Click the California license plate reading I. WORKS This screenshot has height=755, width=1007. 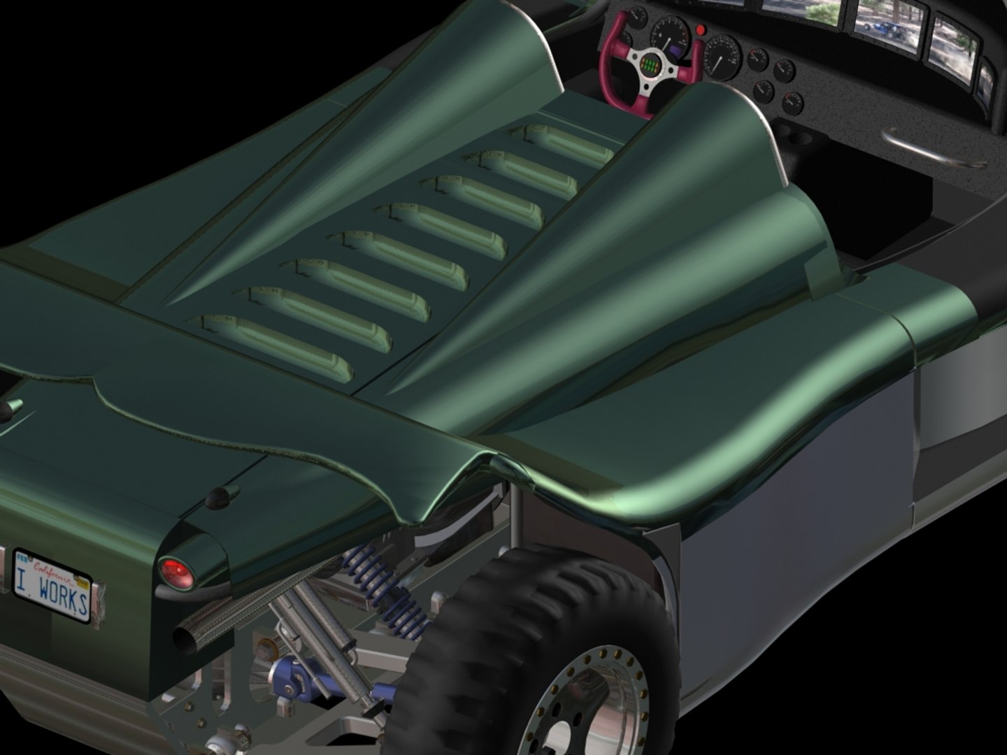(52, 586)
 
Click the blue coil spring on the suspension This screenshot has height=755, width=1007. (385, 587)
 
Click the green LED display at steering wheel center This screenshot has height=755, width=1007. (652, 66)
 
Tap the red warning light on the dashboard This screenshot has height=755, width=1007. (701, 30)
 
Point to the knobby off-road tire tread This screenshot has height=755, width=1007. (455, 657)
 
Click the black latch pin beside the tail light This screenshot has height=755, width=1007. (219, 496)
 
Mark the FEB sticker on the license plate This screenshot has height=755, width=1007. (22, 557)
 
